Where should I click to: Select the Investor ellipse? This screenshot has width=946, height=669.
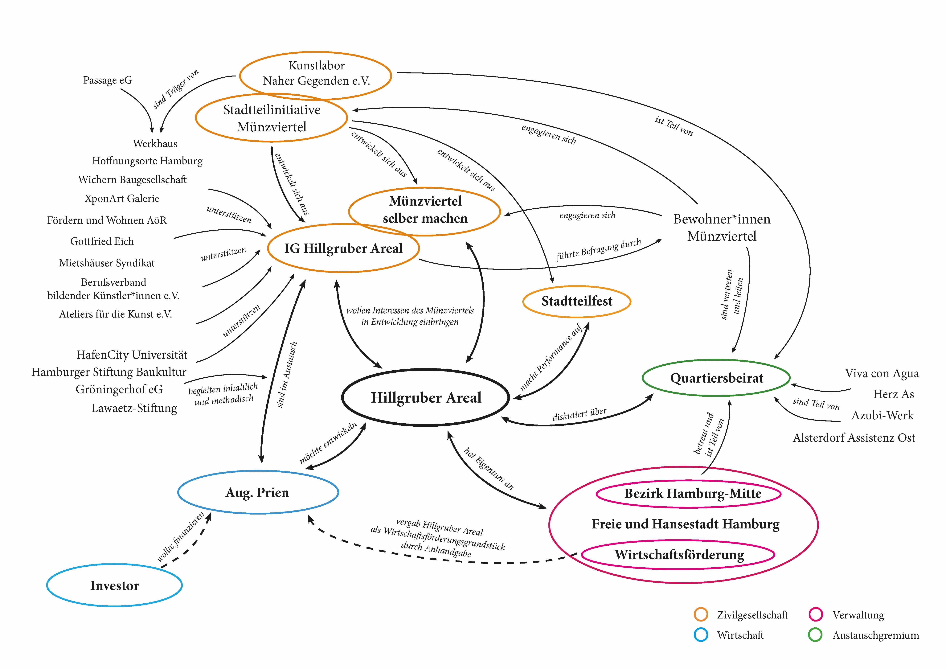[x=115, y=585]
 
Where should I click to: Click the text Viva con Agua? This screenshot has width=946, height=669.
[x=882, y=373]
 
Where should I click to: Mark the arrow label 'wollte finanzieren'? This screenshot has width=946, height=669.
[x=180, y=537]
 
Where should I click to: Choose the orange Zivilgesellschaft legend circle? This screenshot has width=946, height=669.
[x=701, y=615]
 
